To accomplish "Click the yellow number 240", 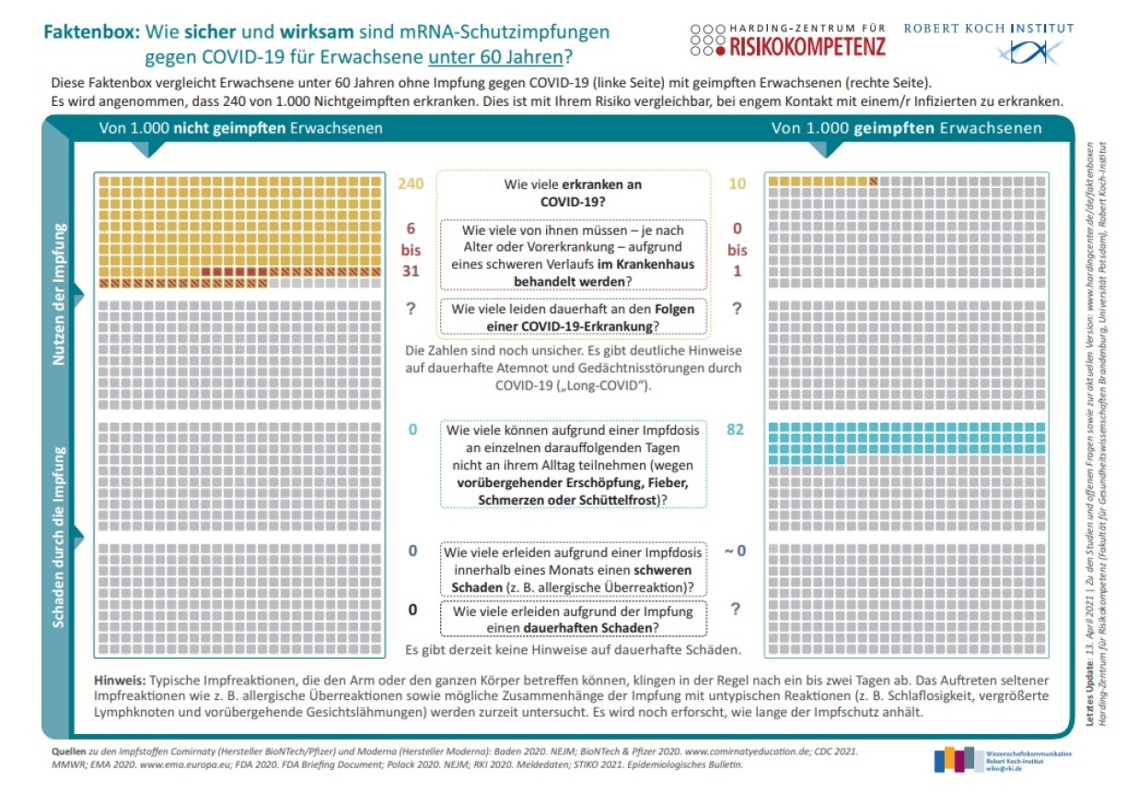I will tap(411, 184).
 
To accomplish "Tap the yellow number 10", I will tap(737, 184).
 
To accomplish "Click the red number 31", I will tap(411, 272).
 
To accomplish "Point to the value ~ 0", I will tap(735, 551).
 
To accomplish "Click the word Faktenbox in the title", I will tap(87, 32).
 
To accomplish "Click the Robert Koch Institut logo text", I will tap(988, 29).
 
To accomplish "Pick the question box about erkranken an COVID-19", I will tap(573, 192).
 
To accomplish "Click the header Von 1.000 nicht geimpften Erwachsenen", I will tap(240, 129).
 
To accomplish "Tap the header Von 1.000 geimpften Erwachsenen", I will tap(907, 129).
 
